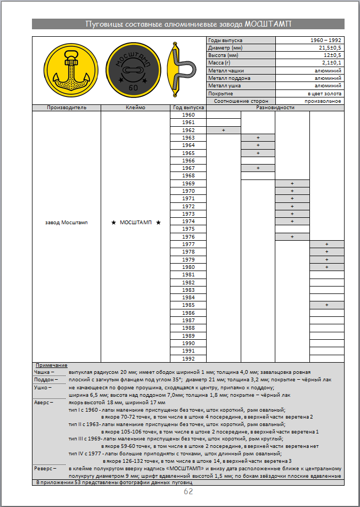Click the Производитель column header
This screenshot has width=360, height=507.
point(67,108)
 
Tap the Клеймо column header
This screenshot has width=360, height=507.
point(135,108)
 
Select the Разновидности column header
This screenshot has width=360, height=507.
point(275,108)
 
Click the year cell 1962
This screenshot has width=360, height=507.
point(189,130)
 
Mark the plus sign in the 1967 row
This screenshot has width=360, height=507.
point(258,168)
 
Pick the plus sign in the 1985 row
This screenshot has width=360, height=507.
point(326,305)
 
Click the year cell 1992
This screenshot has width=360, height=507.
point(189,358)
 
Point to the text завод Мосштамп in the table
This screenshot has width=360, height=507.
point(67,222)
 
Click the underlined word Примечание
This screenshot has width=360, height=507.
point(51,365)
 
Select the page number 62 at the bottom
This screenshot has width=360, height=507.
point(188,492)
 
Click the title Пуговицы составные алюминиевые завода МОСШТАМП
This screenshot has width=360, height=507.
point(188,24)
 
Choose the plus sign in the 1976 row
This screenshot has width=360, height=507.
point(292,236)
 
